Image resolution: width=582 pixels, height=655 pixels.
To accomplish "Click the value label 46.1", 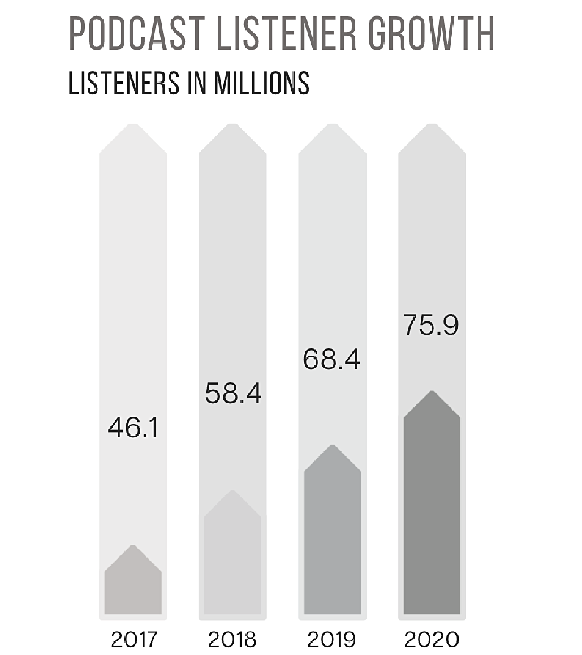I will [x=133, y=428].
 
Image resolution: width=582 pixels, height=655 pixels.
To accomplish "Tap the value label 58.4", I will [x=232, y=394].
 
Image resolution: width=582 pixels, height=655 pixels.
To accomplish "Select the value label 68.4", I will [x=332, y=360].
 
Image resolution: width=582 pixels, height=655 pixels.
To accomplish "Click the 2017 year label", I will [x=133, y=639].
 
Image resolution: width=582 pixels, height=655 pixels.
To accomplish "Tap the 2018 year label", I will [x=232, y=639].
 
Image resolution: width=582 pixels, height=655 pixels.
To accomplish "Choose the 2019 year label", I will [x=332, y=639].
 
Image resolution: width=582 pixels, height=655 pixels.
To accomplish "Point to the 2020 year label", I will [x=432, y=639].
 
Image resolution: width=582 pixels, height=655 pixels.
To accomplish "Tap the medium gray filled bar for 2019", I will [x=333, y=537].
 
